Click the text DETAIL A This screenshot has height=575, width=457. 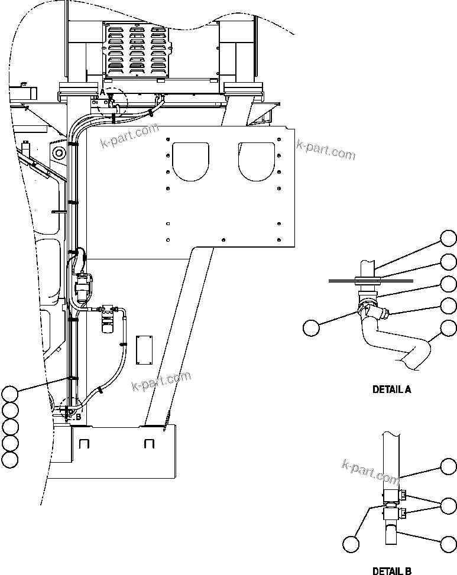tap(391, 389)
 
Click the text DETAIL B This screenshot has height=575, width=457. tap(391, 570)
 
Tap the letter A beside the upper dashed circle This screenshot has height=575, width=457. tap(102, 92)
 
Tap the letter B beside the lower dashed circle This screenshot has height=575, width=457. tap(77, 417)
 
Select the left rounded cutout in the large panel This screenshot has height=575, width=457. tap(190, 160)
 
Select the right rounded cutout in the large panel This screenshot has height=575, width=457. tap(257, 160)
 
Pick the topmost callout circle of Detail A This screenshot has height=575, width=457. tap(449, 239)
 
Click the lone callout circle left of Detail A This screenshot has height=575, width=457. tap(312, 327)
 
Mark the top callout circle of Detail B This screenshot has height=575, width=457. tap(449, 467)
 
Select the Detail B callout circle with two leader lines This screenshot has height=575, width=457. tap(449, 505)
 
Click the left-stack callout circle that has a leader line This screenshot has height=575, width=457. tap(10, 393)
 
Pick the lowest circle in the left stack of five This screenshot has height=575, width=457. tap(10, 459)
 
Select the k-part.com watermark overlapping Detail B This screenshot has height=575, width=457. tap(371, 471)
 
